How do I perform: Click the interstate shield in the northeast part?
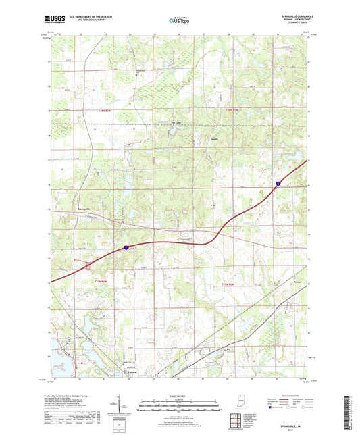(278, 182)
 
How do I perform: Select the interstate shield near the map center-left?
(126, 248)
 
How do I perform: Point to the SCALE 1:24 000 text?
(179, 395)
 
